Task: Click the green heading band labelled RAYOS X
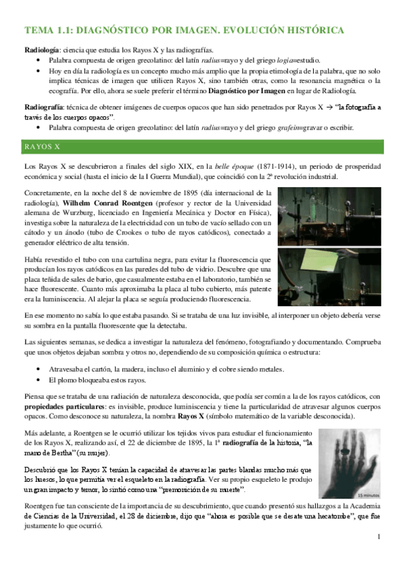[202, 145]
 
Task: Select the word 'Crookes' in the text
[145, 230]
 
